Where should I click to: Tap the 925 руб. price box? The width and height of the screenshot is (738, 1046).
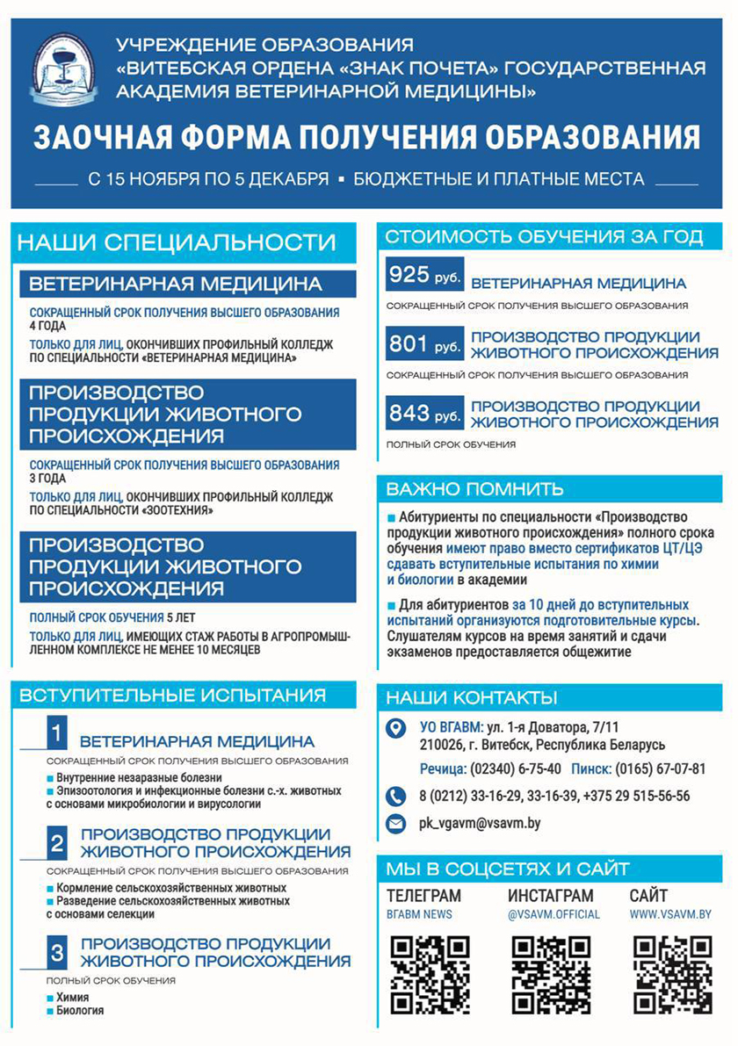pos(424,278)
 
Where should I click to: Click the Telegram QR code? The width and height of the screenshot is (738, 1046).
pos(430,974)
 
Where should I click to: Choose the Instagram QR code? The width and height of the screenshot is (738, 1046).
pos(551,974)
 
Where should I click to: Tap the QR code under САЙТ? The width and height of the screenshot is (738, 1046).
pos(672,974)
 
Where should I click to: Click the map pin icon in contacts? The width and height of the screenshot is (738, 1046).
pos(397,728)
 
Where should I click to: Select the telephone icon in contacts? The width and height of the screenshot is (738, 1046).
pos(397,796)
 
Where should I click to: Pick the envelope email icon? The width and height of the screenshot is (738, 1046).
pos(397,824)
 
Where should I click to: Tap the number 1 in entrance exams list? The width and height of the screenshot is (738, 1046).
pos(56,732)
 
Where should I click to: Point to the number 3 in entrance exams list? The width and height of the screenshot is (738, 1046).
pos(56,954)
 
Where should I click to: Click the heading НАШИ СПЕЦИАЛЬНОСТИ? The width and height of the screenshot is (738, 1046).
pos(177,242)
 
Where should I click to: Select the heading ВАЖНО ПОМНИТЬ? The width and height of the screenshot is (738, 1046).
pos(475,488)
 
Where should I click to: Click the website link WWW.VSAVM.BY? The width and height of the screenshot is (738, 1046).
pos(670,914)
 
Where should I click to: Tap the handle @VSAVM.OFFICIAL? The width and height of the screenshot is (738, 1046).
pos(553,914)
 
